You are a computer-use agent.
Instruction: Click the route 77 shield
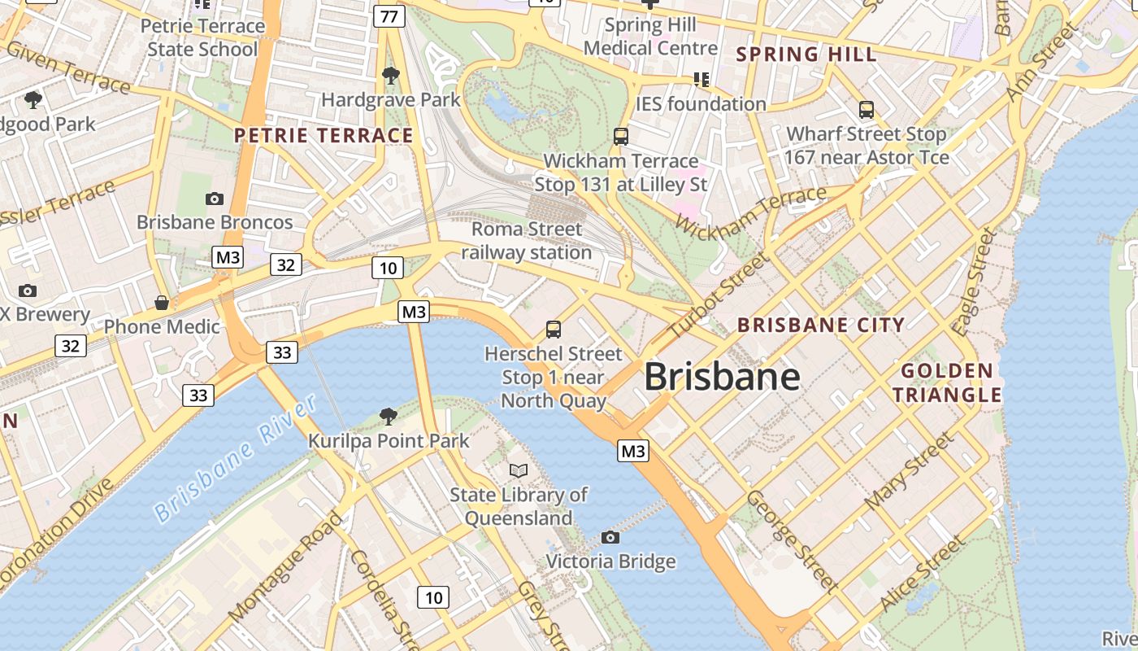pyautogui.click(x=389, y=16)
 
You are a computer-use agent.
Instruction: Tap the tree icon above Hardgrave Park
pyautogui.click(x=391, y=76)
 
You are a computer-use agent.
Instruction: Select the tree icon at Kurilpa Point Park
pyautogui.click(x=389, y=417)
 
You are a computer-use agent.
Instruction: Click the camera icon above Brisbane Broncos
pyautogui.click(x=215, y=199)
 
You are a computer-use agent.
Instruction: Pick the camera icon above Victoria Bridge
pyautogui.click(x=610, y=537)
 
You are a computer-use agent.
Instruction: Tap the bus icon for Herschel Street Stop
pyautogui.click(x=554, y=330)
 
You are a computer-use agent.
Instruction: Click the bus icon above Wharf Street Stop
pyautogui.click(x=867, y=109)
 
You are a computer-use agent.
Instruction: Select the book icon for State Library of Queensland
pyautogui.click(x=518, y=470)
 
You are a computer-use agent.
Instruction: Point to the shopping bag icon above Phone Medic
pyautogui.click(x=162, y=303)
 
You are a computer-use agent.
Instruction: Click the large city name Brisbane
pyautogui.click(x=722, y=377)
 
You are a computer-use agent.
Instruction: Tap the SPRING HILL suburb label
pyautogui.click(x=806, y=55)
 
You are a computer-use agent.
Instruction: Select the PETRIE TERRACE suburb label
pyautogui.click(x=324, y=135)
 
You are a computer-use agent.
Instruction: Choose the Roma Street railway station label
pyautogui.click(x=527, y=241)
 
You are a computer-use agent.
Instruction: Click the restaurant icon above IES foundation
pyautogui.click(x=701, y=80)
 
